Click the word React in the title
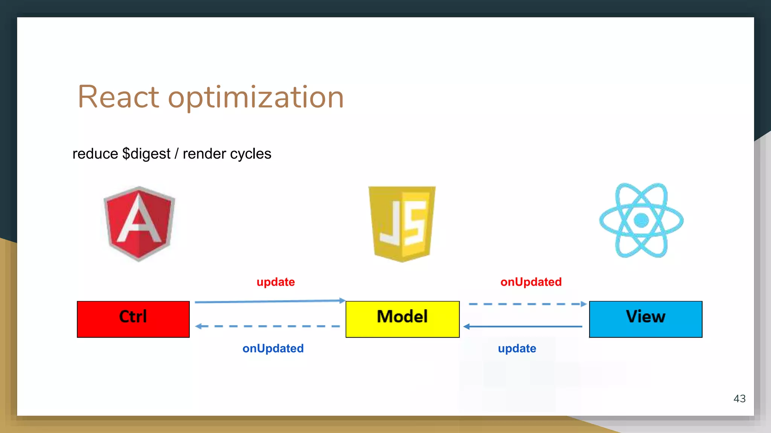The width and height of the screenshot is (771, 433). pyautogui.click(x=118, y=97)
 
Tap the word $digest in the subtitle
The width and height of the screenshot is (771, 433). pyautogui.click(x=146, y=154)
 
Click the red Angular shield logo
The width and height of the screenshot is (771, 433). pyautogui.click(x=139, y=224)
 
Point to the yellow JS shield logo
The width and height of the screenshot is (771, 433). pyautogui.click(x=402, y=224)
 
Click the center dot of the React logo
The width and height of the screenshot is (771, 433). pyautogui.click(x=641, y=220)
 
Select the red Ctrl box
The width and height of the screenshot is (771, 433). pyautogui.click(x=133, y=319)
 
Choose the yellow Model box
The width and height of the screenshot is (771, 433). pyautogui.click(x=402, y=319)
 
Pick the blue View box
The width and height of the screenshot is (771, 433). pyautogui.click(x=646, y=319)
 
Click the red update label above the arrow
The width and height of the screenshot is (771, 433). pyautogui.click(x=276, y=282)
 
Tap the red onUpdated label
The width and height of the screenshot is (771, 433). pyautogui.click(x=531, y=282)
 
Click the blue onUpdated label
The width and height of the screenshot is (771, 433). pyautogui.click(x=273, y=348)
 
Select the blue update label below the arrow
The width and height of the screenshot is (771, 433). pyautogui.click(x=517, y=348)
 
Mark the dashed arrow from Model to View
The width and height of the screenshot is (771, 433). pyautogui.click(x=527, y=304)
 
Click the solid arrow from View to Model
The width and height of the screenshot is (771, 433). pyautogui.click(x=523, y=327)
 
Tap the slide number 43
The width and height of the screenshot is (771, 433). pyautogui.click(x=739, y=398)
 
